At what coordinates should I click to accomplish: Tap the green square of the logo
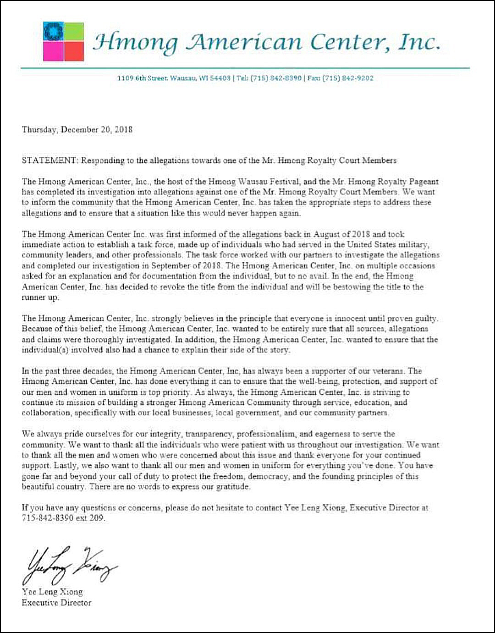[x=74, y=32]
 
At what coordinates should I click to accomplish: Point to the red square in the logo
[x=74, y=52]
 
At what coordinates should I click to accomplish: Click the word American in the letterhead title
[x=244, y=42]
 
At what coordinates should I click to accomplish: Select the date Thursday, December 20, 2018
[x=77, y=130]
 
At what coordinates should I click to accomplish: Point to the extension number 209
[x=97, y=518]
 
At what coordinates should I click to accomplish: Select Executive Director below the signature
[x=56, y=603]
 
